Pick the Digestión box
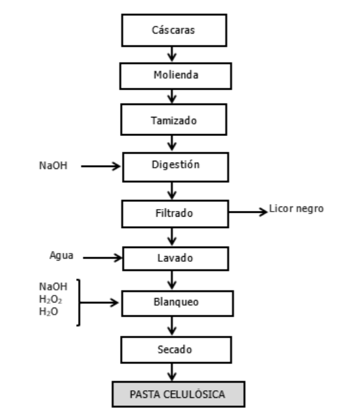pyautogui.click(x=175, y=165)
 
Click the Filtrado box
pyautogui.click(x=175, y=213)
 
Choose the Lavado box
pyautogui.click(x=175, y=259)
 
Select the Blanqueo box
pyautogui.click(x=175, y=302)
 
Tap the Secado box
pyautogui.click(x=175, y=349)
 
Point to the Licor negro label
pyautogui.click(x=297, y=208)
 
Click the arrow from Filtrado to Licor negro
pyautogui.click(x=248, y=210)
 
